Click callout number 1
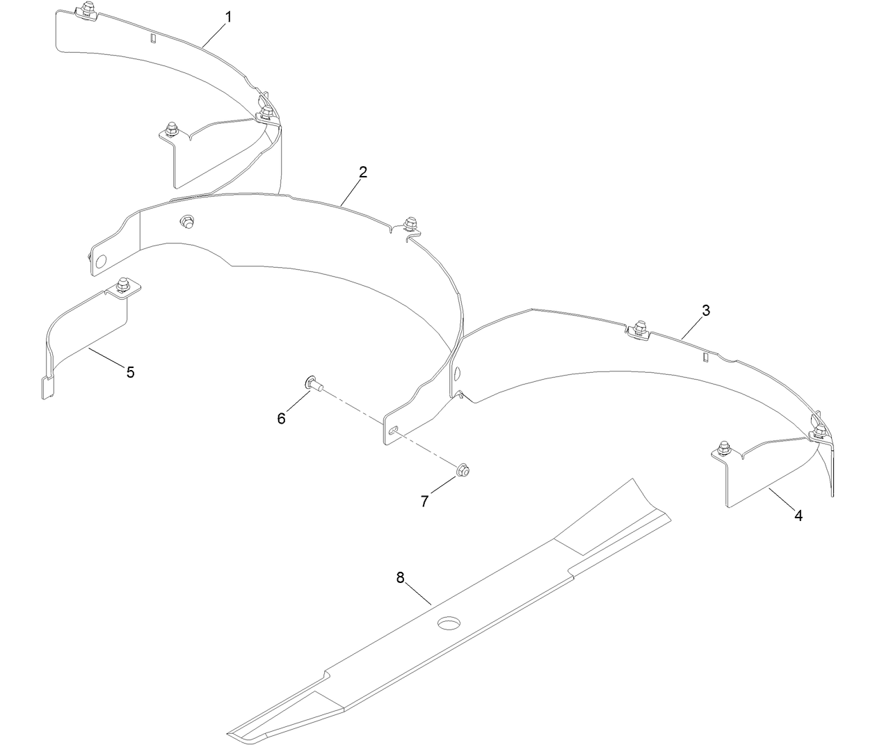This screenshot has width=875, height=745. (229, 17)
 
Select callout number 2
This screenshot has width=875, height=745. (363, 173)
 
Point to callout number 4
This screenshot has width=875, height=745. (798, 515)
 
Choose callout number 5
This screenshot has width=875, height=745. (130, 373)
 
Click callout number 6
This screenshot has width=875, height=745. (282, 419)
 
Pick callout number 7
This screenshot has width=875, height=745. (424, 501)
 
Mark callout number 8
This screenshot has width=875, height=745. (401, 577)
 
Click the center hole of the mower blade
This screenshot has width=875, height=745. (449, 623)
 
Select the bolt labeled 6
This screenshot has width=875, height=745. (314, 383)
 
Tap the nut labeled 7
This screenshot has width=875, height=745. (463, 470)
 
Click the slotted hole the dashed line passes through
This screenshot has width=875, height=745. (394, 431)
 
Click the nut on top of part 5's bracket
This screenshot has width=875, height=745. (122, 284)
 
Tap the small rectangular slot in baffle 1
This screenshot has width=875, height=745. (153, 38)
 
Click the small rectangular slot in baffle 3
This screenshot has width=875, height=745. (706, 357)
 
